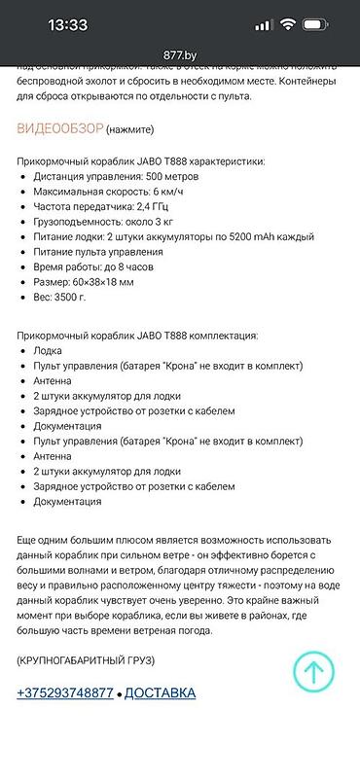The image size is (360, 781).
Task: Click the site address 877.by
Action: (181, 56)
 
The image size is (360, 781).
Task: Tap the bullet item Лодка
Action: (48, 350)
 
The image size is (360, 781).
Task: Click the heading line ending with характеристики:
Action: (140, 161)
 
